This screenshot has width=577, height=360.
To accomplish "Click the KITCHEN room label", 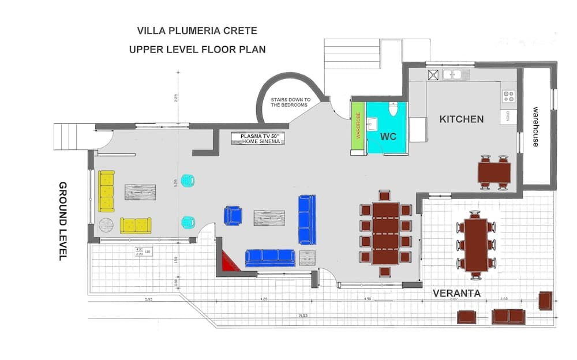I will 461,119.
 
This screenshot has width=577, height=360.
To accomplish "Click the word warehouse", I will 535,126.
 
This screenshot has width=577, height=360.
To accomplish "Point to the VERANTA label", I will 456,293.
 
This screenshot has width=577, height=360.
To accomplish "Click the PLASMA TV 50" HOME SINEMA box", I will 258,138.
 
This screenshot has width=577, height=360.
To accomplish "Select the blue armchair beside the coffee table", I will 233,215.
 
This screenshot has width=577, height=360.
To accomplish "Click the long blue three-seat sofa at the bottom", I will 270,257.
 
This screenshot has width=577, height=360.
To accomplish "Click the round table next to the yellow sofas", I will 107,224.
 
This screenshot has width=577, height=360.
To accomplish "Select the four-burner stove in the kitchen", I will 508,96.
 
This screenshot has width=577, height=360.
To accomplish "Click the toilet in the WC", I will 394,109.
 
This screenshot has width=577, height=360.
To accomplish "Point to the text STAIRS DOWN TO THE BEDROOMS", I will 291,103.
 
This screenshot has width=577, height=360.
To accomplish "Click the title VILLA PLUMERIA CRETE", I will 197,30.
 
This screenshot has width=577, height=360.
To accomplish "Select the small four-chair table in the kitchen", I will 494,172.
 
